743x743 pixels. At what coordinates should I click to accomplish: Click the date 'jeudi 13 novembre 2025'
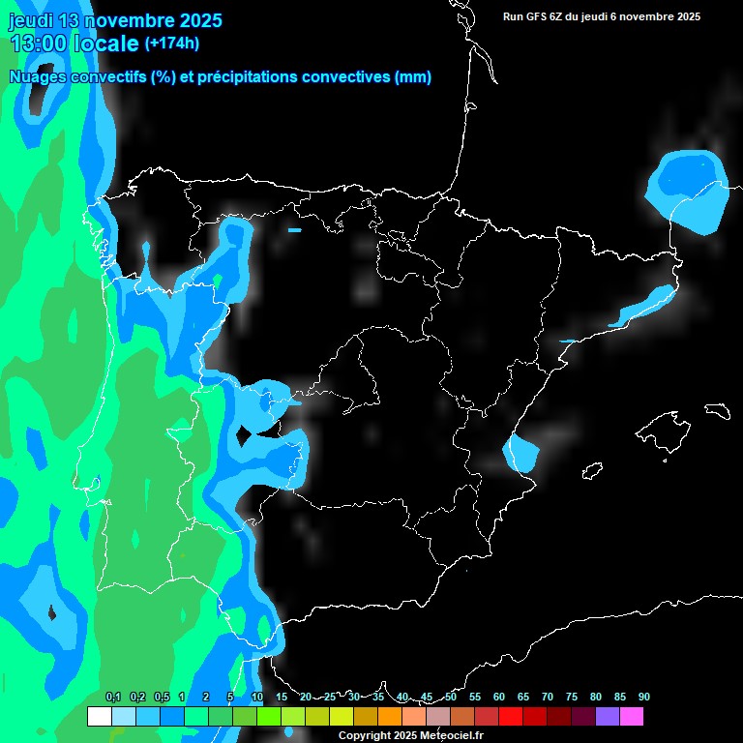pos(115,20)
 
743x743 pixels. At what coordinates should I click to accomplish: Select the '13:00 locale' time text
pos(74,44)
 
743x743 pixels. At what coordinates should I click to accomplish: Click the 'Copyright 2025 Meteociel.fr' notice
pos(410,735)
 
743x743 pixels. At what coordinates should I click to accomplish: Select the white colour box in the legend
pos(99,717)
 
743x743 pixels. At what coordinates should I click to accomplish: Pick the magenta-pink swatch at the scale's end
pos(632,717)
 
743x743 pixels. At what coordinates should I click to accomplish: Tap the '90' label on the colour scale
pos(643,697)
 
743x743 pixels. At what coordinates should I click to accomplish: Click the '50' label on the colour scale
pos(451,697)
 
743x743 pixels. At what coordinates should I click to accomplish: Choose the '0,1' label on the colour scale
pos(112,697)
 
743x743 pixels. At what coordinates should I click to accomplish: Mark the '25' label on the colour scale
pos(329,697)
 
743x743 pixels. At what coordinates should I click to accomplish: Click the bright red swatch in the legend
pos(511,717)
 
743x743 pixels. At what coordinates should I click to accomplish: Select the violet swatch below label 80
pos(608,717)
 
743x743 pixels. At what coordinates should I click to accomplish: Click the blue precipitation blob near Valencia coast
pos(522,452)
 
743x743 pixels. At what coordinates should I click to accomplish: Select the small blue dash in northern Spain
pos(294,230)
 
